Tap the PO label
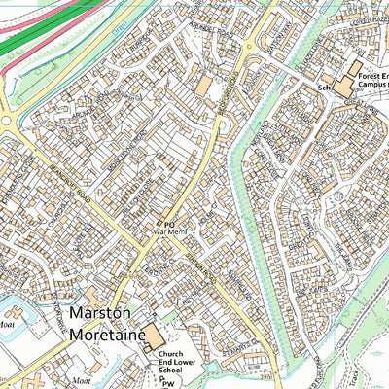(167, 223)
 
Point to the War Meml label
(168, 233)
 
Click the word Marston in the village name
(102, 314)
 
